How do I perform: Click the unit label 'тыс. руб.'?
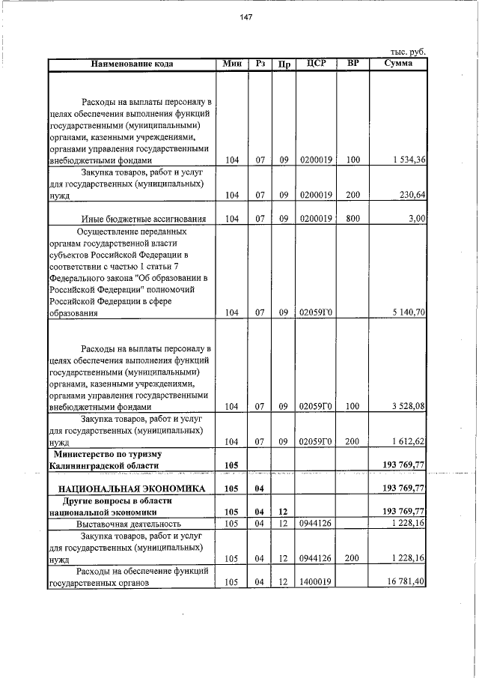pyautogui.click(x=408, y=52)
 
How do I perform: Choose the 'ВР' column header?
pyautogui.click(x=353, y=64)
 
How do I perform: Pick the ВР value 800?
pyautogui.click(x=353, y=219)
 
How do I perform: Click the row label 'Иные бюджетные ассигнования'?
pyautogui.click(x=143, y=219)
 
